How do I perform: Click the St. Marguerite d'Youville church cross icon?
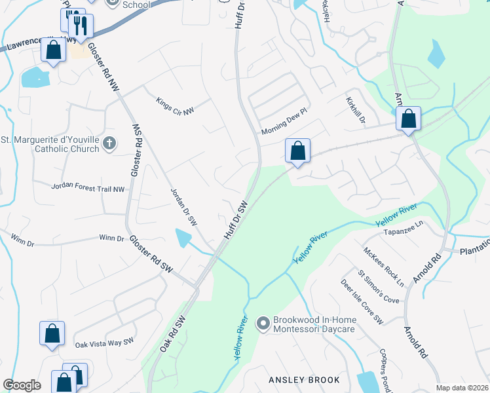tap(110, 141)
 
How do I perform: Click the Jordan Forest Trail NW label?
tap(88, 188)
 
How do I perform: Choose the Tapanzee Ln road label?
tap(404, 232)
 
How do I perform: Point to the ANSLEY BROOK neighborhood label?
tap(305, 380)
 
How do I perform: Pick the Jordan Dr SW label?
tap(183, 208)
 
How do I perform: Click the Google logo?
tap(22, 385)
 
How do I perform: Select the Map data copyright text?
tap(462, 387)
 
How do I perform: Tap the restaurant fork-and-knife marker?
tap(81, 26)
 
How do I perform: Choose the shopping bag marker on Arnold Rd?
tap(408, 119)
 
